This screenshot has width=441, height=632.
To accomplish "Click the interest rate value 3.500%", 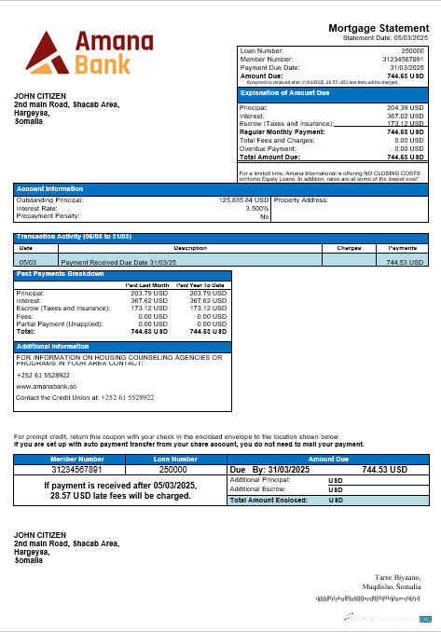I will [256, 208].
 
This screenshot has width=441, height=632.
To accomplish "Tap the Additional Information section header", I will [53, 346].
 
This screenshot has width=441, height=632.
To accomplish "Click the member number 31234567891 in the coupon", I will [77, 470].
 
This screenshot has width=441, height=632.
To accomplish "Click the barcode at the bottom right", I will [373, 598].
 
